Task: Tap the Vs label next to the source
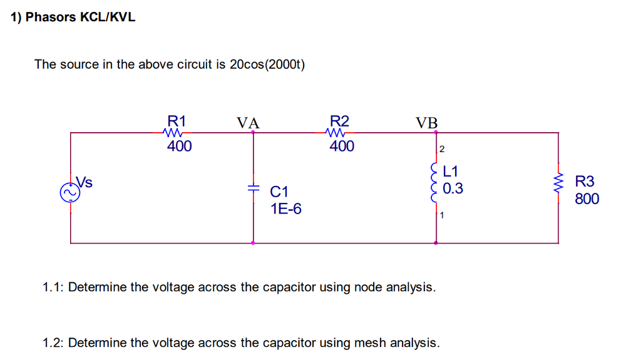85,182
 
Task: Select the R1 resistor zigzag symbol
172,133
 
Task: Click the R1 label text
177,121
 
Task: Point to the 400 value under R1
179,147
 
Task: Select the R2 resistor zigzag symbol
336,133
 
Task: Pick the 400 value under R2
341,147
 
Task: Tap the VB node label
427,122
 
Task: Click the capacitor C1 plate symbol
253,188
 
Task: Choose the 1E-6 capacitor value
285,208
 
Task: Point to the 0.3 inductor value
453,188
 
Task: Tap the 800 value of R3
587,199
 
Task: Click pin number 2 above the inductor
442,149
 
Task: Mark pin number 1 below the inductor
442,217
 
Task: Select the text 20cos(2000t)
267,64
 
